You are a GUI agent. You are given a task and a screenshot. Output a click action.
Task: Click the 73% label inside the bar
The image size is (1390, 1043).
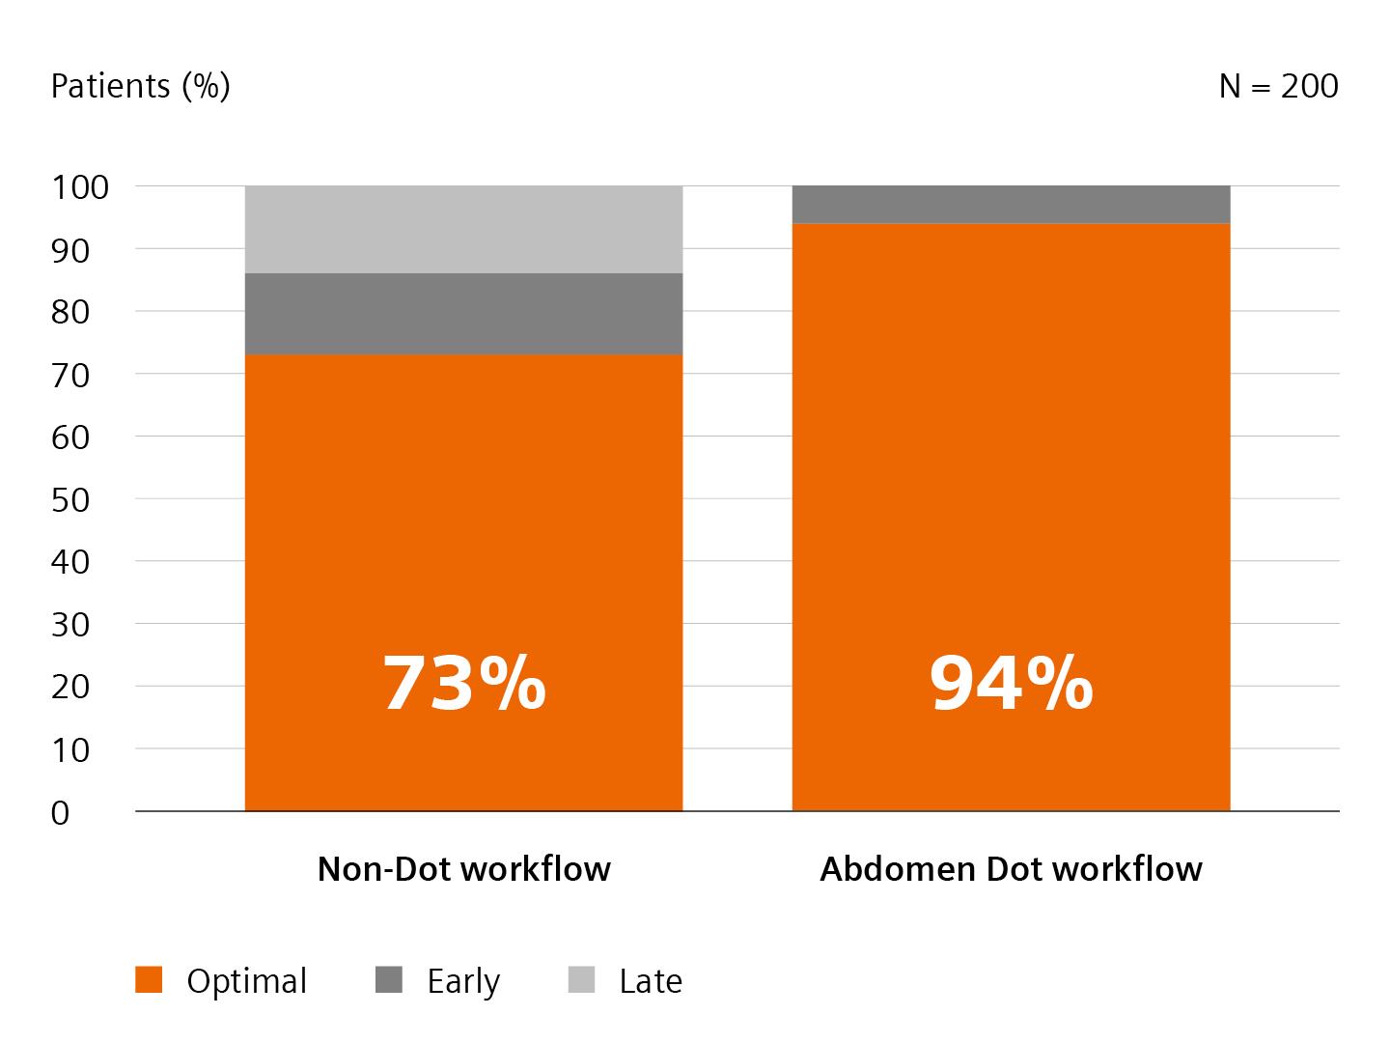coord(464,684)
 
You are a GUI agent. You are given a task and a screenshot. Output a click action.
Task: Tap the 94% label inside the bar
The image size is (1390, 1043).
coord(1011,684)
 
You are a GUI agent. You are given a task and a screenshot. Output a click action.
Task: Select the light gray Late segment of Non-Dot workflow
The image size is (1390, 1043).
coord(463,229)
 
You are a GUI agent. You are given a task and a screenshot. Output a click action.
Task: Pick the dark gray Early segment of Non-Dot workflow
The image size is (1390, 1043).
coord(463,314)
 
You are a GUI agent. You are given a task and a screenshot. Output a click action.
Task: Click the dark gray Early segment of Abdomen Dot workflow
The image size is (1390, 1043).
coord(1011,204)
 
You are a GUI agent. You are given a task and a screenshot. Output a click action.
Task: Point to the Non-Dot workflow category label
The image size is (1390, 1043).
coord(464,869)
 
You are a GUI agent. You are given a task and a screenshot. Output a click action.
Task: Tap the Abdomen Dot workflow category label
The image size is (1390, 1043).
coord(1011,869)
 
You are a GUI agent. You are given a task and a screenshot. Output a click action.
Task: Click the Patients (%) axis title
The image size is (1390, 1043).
coord(140,86)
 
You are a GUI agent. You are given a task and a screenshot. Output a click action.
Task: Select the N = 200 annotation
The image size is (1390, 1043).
coord(1278,86)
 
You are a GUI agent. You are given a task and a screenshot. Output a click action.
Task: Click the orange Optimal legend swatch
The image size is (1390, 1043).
coord(149,979)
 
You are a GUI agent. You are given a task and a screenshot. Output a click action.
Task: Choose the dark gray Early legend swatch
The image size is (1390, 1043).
coord(389,979)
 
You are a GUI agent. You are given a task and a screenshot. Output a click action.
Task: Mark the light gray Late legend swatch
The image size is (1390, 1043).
coord(581,979)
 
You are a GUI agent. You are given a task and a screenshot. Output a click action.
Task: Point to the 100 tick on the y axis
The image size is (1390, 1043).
coord(80,187)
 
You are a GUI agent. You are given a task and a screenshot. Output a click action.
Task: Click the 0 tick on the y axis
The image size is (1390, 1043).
coord(61,813)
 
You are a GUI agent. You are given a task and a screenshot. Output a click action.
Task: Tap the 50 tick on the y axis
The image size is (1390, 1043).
coord(70,500)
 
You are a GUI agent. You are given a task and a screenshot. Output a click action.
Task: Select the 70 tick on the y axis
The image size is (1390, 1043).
coord(70,375)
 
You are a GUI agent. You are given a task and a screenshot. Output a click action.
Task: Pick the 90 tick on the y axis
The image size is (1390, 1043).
coord(70,250)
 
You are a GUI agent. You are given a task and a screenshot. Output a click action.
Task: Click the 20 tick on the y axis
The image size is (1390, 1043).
coord(70,688)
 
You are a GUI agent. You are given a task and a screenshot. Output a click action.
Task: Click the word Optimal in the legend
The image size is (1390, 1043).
coord(247,981)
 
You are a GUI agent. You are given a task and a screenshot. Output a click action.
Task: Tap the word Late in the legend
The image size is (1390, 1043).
coord(651,981)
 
